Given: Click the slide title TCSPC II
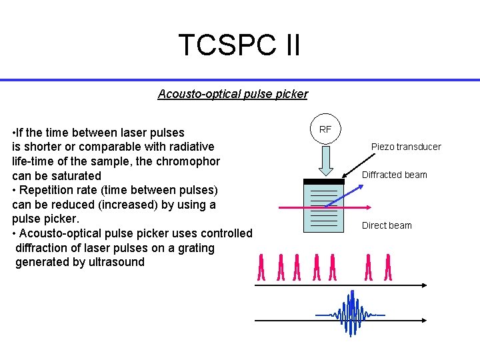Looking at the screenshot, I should click(x=239, y=45).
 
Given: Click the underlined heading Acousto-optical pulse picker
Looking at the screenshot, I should click(x=233, y=94).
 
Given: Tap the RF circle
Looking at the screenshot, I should click(x=325, y=129).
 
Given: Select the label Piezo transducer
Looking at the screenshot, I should click(x=406, y=147).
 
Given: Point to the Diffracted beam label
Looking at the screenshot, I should click(x=394, y=175).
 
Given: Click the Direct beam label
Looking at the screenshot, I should click(x=387, y=225).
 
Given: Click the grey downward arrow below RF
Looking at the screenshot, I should click(x=325, y=160).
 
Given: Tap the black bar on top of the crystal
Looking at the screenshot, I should click(x=324, y=181).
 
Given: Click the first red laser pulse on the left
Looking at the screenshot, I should click(x=261, y=267).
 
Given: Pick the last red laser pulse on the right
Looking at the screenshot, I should click(x=387, y=267).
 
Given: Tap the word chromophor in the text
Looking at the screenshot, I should click(x=189, y=161).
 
